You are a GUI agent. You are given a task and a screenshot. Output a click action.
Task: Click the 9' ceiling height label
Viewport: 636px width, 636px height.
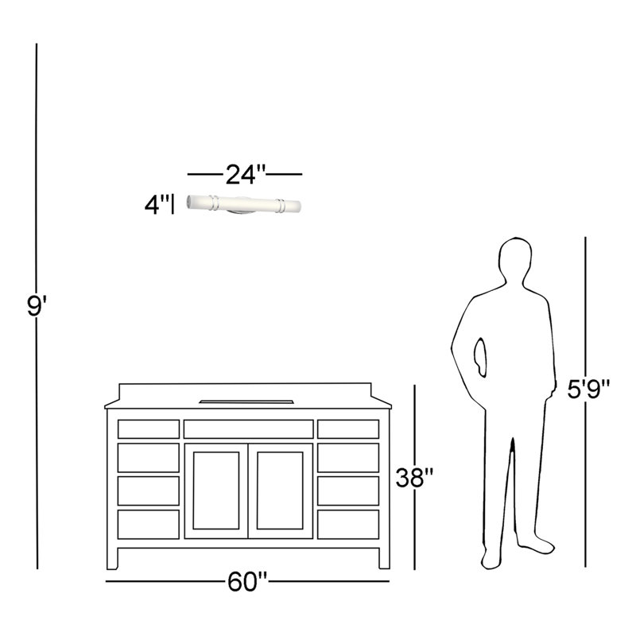click(x=37, y=305)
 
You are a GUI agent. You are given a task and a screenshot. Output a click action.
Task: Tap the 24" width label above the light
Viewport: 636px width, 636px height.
click(x=246, y=174)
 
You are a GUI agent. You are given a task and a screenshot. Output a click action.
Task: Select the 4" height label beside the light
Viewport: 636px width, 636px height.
click(x=157, y=204)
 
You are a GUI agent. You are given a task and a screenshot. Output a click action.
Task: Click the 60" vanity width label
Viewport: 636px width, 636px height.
click(x=247, y=582)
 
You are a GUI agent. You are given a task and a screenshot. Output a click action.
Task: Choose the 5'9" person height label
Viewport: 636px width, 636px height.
click(x=588, y=389)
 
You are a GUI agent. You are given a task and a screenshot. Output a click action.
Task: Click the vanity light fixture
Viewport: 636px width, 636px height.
click(x=243, y=204)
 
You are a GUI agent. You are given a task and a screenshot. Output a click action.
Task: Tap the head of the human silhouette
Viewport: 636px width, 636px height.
click(x=514, y=259)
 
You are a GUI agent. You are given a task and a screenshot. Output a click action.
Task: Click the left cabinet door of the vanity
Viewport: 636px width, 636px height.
click(x=216, y=491)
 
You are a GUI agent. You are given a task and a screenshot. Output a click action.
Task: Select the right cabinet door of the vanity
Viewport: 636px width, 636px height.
click(x=281, y=491)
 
